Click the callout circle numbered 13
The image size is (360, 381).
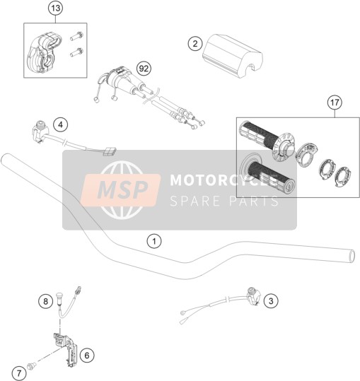coord(56,8)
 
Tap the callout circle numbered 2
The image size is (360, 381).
coord(195,44)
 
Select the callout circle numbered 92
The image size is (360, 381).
coord(144,69)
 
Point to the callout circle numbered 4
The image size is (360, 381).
coord(61,124)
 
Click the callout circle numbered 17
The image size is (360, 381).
coord(335,102)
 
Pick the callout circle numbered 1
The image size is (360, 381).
coord(154,241)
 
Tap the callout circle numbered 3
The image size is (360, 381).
coord(271,301)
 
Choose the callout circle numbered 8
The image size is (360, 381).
coord(45,302)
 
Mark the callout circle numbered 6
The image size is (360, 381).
coord(87,356)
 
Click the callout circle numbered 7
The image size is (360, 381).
coord(19,373)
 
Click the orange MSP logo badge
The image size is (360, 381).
coord(120,190)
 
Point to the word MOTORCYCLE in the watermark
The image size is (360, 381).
coord(223,180)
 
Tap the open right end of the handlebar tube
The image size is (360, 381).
coord(352,256)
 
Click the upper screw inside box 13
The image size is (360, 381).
coord(77,36)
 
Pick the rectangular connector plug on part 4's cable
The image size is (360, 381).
coord(110,151)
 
